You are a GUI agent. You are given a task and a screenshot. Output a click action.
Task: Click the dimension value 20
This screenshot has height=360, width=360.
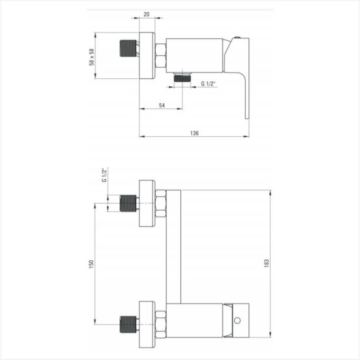click(147, 14)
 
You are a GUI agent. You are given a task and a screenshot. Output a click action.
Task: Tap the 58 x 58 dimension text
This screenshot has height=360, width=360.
click(91, 57)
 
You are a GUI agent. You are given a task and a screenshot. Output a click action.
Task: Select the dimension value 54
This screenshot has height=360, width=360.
click(162, 105)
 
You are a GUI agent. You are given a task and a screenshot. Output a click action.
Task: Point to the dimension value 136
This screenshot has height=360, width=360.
click(194, 133)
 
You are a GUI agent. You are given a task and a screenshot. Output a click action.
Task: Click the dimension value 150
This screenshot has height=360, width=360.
click(91, 264)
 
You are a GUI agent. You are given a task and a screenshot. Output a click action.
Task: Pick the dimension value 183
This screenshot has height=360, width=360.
click(267, 263)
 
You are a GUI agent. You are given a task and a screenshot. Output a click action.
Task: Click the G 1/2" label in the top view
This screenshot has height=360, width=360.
click(208, 84)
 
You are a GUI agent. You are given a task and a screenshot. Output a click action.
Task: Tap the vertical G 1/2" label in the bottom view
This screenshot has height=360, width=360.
click(104, 175)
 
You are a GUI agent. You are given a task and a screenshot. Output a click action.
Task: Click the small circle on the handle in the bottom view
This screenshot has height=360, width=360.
click(237, 320)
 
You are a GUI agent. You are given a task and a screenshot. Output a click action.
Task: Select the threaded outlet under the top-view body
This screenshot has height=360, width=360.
click(182, 77)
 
